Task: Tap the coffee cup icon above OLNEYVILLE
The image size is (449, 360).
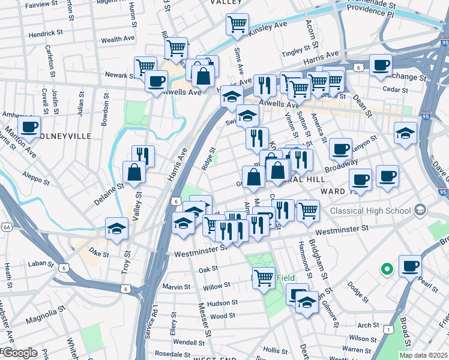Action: tap(29, 127)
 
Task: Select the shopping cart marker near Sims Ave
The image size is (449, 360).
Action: tap(237, 25)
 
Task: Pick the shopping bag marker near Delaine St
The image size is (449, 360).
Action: tap(134, 173)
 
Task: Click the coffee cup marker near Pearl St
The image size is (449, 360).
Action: tap(410, 265)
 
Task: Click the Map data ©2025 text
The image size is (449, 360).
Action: tap(423, 355)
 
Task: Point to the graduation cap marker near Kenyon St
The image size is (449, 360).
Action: tap(406, 132)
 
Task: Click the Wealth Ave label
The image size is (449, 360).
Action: tap(117, 39)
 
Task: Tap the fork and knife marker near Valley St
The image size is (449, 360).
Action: tap(143, 155)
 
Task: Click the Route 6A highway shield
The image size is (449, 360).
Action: tap(7, 227)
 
